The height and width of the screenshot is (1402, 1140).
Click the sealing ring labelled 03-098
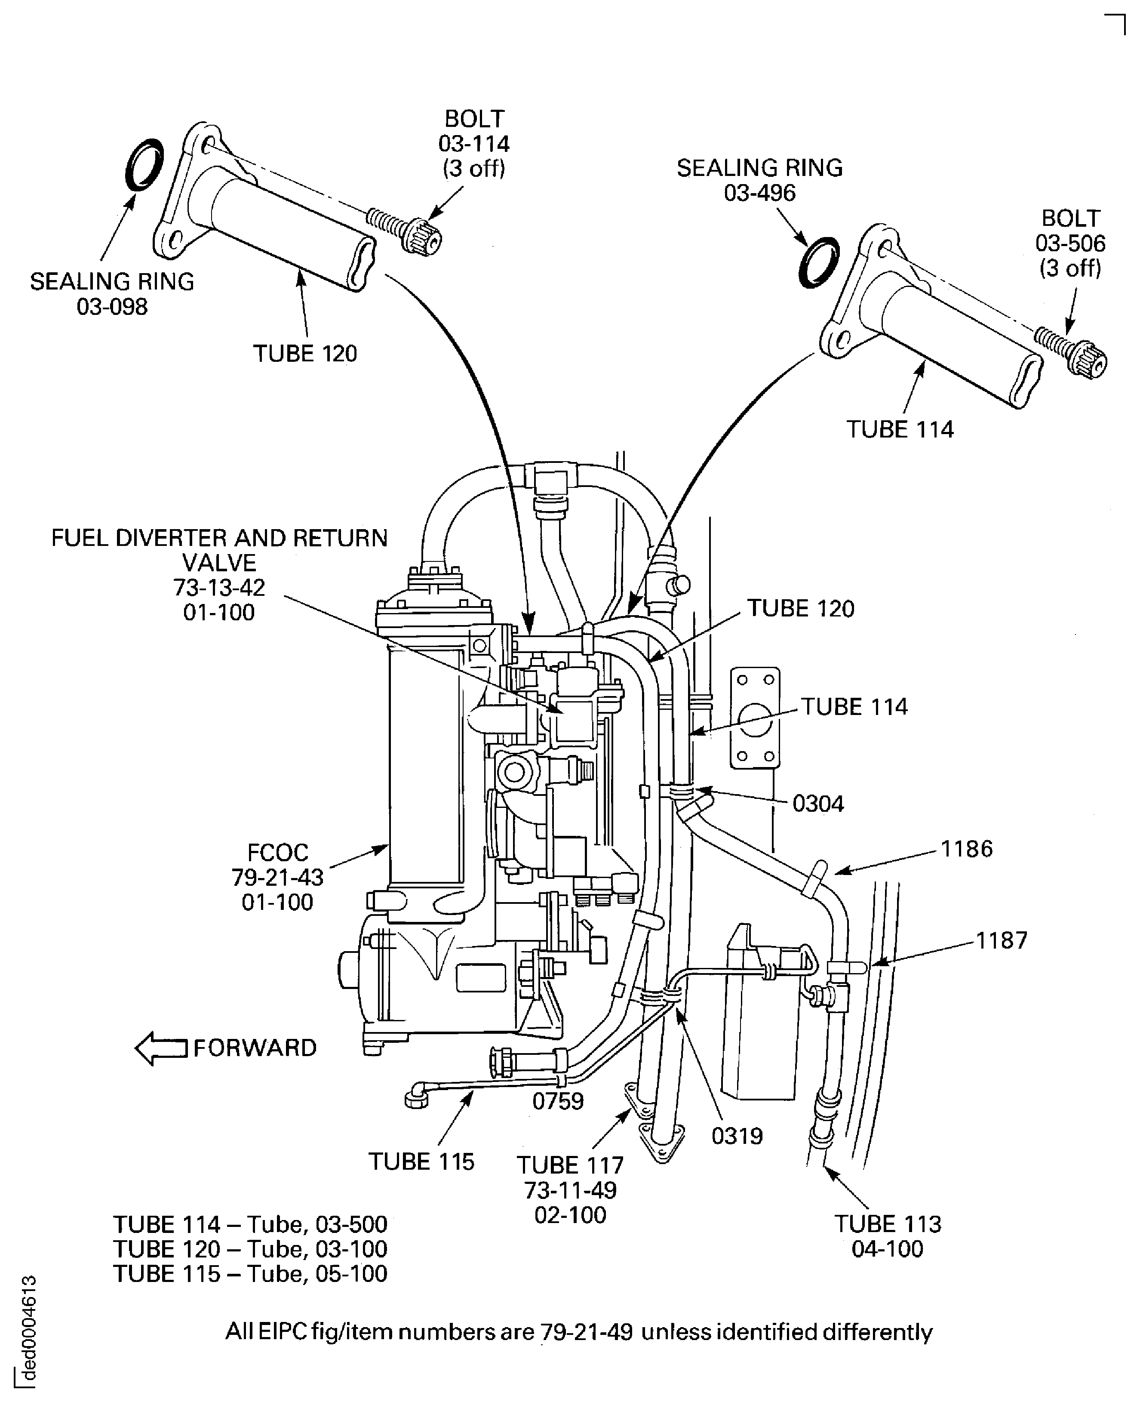click(144, 165)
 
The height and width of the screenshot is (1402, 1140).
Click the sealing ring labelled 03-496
click(819, 262)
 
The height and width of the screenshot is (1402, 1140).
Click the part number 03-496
click(760, 193)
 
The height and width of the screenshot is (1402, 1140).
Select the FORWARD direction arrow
click(161, 1048)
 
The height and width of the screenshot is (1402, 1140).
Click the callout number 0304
click(817, 804)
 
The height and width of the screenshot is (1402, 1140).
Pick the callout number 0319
click(737, 1136)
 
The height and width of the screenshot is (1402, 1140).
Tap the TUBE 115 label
click(421, 1162)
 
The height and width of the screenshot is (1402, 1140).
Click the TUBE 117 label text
click(570, 1165)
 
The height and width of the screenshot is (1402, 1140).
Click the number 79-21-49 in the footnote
click(587, 1332)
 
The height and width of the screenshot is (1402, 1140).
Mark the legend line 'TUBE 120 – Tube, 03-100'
click(250, 1249)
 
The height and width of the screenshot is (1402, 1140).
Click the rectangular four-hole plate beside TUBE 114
click(755, 718)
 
